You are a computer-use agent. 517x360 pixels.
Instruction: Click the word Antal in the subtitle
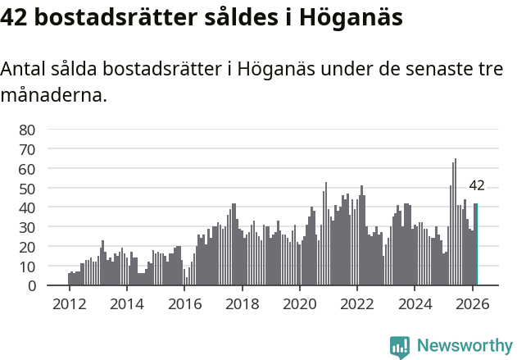[x=25, y=70]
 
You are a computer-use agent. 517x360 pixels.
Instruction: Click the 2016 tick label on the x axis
[x=184, y=303]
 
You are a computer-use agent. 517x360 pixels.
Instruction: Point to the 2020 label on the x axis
[x=299, y=303]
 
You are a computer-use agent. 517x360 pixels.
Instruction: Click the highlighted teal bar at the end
[x=476, y=245]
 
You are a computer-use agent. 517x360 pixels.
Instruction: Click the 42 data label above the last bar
[x=476, y=185]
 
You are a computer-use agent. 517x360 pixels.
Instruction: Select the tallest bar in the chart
[x=456, y=222]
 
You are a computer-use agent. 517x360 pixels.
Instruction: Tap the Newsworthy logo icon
[x=400, y=347]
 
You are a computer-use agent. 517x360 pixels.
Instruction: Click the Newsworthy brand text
[x=464, y=346]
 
